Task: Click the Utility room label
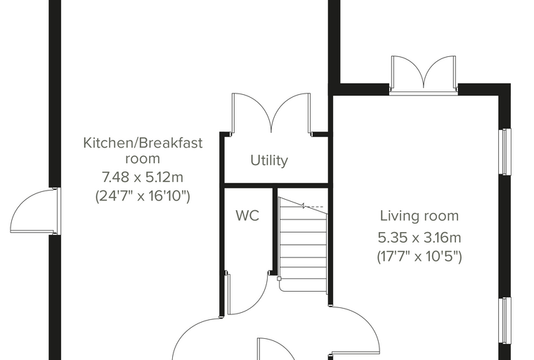point(269,160)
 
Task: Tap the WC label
point(247,216)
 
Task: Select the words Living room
point(419,216)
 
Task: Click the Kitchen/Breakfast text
point(143,143)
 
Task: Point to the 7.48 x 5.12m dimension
point(143,177)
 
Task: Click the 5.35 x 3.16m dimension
point(419,238)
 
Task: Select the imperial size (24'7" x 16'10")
point(143,196)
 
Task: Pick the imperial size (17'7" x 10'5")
point(419,256)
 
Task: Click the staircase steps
point(303,245)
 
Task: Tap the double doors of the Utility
point(271,113)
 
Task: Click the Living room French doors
point(424,74)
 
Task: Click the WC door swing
point(248,293)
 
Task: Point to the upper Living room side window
point(504,152)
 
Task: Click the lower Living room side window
point(504,321)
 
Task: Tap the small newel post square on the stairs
point(279,279)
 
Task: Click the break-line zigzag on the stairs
point(303,205)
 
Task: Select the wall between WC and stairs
point(274,230)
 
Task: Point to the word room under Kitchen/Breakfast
point(143,159)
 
